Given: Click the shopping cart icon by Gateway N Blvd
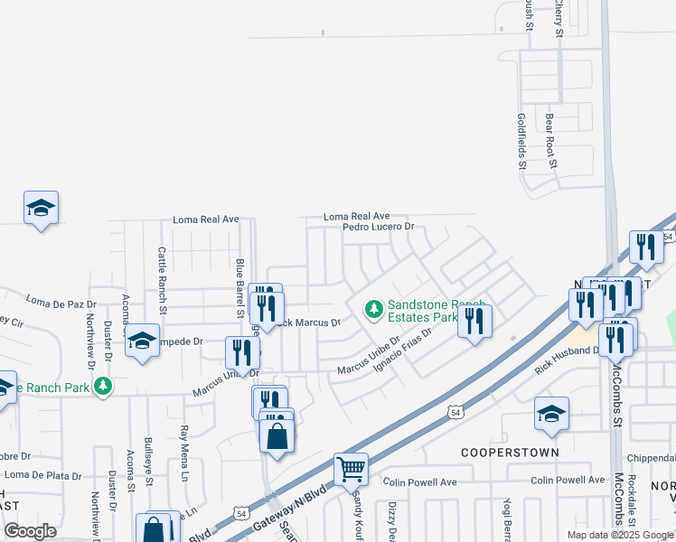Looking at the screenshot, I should [351, 468].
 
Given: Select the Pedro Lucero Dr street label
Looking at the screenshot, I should [378, 228].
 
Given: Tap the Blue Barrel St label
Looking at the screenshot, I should [240, 286].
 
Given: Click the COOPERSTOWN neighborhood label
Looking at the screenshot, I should [510, 452].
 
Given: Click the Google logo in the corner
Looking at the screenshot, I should [31, 531].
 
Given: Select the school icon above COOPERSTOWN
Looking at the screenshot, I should [551, 413].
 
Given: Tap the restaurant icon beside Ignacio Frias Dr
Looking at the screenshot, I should [474, 321].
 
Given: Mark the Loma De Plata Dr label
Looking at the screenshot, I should [42, 475].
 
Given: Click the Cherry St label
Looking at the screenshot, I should [559, 18].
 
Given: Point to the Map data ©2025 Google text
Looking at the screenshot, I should [620, 535].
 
